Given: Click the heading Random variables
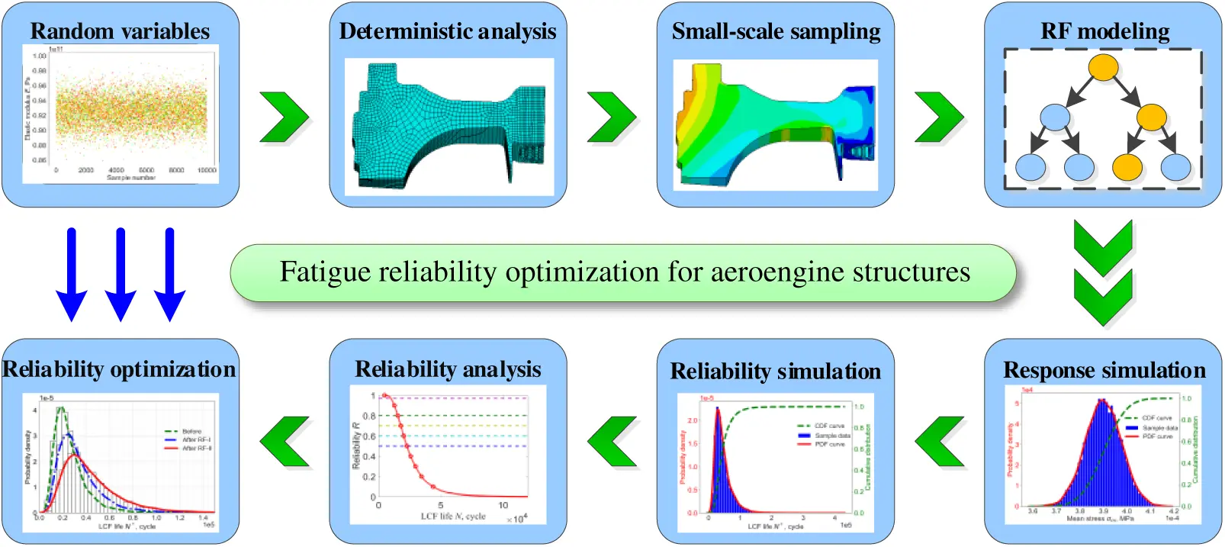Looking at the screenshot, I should pos(120,31).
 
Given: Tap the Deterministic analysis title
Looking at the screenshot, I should pos(448,31).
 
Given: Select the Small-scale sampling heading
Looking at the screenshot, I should pos(776,31).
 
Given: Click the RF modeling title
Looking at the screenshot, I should pos(1104,31).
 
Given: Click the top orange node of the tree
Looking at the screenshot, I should pos(1103,67).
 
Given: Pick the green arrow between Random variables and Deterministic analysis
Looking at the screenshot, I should pos(284,117).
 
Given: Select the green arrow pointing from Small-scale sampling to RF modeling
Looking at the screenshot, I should pos(939,117).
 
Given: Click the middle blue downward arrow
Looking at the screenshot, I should pos(121,275).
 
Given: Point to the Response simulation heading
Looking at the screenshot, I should pos(1104,370).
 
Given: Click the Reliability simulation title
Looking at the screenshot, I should pos(775,372).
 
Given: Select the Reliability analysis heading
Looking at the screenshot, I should pos(448,369).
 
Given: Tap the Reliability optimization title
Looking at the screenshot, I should pos(120,369).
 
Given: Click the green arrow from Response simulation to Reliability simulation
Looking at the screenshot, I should pos(939,442).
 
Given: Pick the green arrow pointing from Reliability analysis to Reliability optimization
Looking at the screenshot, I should pos(285,442).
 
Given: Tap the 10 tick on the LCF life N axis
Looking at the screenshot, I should pos(503,506).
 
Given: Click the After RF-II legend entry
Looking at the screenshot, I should pos(197,449).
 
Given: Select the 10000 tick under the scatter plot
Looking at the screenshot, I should pos(206,170).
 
